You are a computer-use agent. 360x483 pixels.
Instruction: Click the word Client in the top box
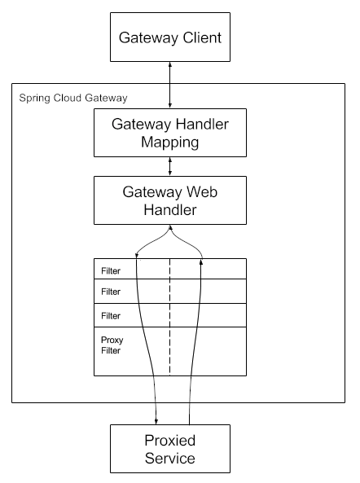(200, 37)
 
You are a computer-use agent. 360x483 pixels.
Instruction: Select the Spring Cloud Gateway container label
(72, 98)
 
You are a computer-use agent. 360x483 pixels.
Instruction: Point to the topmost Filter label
(111, 270)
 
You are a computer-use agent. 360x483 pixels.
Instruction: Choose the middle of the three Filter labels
(111, 292)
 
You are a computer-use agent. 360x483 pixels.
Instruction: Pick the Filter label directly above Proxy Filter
(111, 315)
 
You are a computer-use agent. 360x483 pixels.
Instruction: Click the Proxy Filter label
(112, 345)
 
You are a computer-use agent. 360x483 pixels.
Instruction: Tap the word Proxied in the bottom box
(169, 441)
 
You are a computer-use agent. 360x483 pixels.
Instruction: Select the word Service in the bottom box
(169, 459)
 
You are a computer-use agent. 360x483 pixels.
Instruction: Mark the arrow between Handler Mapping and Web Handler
(169, 166)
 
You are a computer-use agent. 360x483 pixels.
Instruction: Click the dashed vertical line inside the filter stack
(169, 318)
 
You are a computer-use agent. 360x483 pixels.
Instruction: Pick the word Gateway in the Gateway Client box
(142, 37)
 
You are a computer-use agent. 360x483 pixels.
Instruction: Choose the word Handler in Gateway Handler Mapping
(195, 124)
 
